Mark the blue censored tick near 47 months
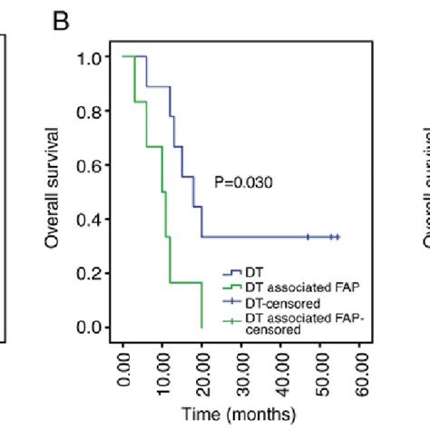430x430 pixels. point(308,237)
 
